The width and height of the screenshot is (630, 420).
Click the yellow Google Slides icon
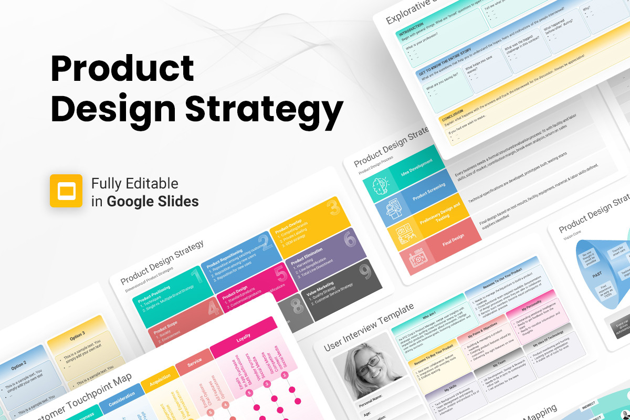click(x=66, y=191)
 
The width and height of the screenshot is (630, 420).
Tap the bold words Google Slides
click(x=153, y=201)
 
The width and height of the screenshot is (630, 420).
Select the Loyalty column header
click(x=243, y=339)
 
